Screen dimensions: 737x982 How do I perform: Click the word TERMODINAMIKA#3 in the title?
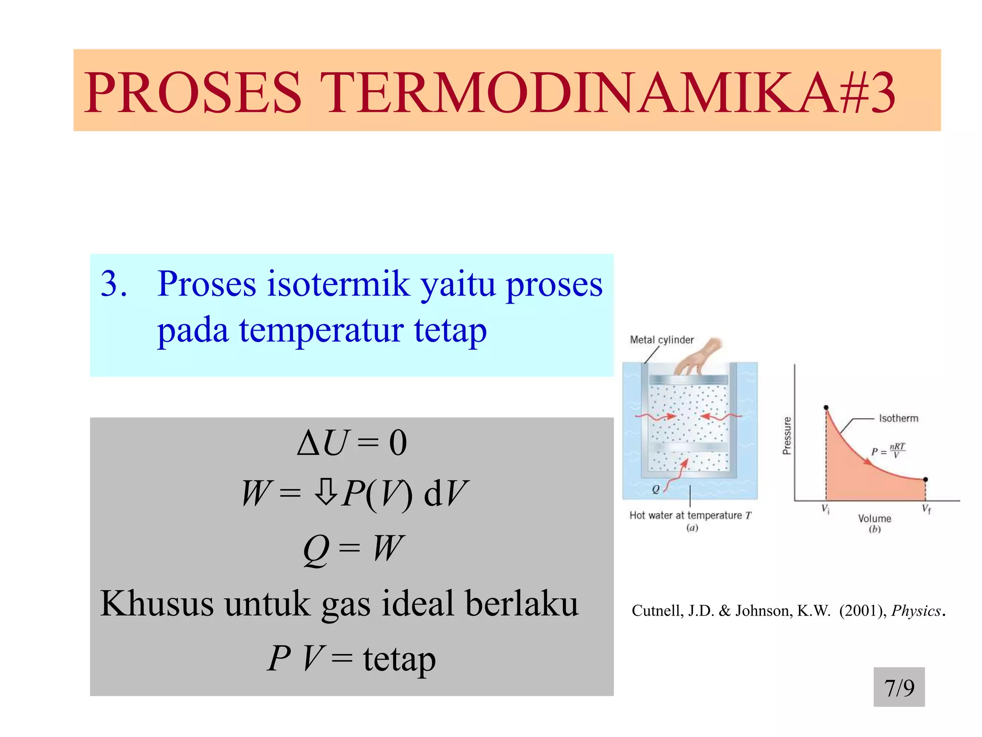point(607,92)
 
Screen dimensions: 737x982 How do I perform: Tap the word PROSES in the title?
point(193,92)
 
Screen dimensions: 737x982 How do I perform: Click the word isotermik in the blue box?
point(339,284)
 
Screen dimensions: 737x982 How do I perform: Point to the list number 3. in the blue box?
point(114,284)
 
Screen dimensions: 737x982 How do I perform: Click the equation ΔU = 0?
point(352,442)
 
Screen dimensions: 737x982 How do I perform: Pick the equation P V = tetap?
point(351,658)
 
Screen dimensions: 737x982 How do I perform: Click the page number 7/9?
point(899,688)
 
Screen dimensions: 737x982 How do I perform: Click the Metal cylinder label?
point(662,340)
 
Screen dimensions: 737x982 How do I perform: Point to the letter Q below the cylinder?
point(655,489)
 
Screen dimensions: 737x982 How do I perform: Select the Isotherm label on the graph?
point(898,418)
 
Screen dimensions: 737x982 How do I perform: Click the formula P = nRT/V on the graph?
point(888,451)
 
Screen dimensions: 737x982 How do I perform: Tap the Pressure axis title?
point(786,435)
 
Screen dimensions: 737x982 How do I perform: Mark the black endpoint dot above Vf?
point(925,479)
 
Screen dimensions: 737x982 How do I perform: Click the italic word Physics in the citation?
point(916,611)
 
